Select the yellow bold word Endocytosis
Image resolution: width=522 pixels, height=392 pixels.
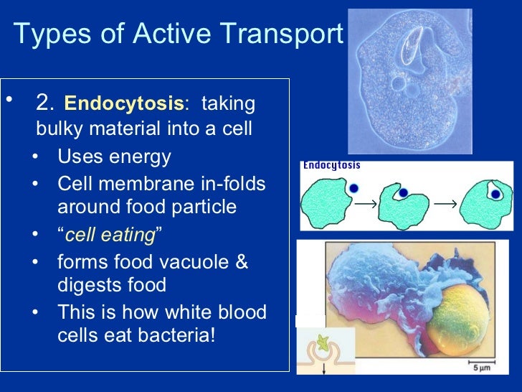(123, 105)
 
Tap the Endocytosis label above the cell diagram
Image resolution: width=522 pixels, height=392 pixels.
(331, 166)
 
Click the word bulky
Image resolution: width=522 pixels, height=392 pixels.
(60, 131)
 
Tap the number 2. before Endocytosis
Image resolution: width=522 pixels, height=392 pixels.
(46, 104)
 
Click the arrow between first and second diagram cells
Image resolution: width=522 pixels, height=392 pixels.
(366, 205)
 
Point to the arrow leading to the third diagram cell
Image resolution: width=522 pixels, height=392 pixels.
(445, 205)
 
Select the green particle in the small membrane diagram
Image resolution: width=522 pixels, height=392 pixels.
(325, 338)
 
